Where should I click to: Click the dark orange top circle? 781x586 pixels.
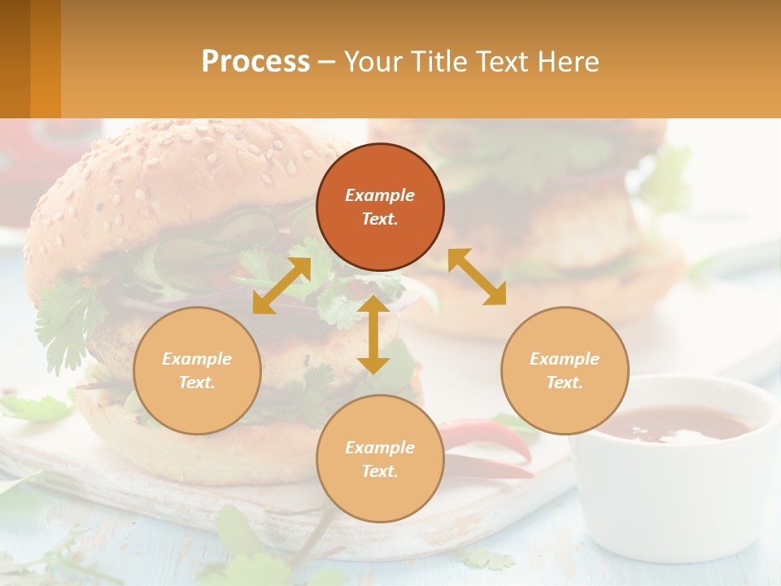pos(380,208)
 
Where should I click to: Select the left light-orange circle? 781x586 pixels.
pos(197,371)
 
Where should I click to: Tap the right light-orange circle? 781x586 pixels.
pos(565,371)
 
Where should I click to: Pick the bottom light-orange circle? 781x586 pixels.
pos(380,459)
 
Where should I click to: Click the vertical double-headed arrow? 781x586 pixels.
pos(373,335)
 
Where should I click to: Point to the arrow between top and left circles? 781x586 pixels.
pos(281,286)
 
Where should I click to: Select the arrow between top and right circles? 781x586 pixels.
pos(477,277)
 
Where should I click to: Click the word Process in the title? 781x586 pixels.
pos(255,61)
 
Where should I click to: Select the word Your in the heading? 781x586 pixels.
pos(371,61)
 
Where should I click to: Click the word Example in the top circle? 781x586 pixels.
pos(380,195)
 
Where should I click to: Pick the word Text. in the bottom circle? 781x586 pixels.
pos(380,471)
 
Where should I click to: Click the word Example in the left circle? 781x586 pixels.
pos(197,359)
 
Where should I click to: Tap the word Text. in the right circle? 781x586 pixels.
pos(565,383)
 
